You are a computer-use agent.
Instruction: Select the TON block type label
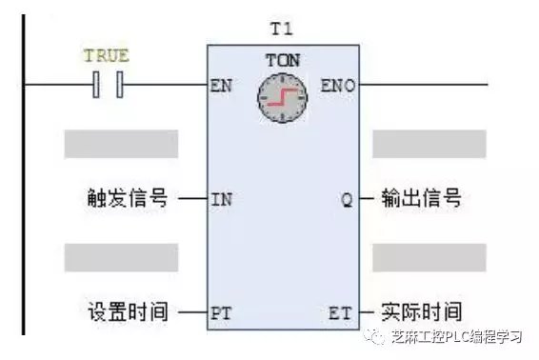click(x=282, y=61)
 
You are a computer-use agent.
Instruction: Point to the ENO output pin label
click(x=338, y=85)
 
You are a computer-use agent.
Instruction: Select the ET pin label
click(x=341, y=312)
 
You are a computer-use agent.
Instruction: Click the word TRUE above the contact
click(x=106, y=56)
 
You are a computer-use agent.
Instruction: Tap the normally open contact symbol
click(x=108, y=86)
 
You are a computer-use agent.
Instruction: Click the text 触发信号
click(x=126, y=200)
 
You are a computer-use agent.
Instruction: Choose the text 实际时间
click(x=421, y=312)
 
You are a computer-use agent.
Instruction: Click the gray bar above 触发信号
click(x=121, y=144)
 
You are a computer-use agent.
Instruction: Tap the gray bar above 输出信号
click(x=429, y=144)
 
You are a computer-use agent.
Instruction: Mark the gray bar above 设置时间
click(x=121, y=257)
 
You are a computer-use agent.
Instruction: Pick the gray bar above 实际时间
click(x=429, y=257)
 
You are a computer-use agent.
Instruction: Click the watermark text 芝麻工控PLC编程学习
click(x=458, y=339)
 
